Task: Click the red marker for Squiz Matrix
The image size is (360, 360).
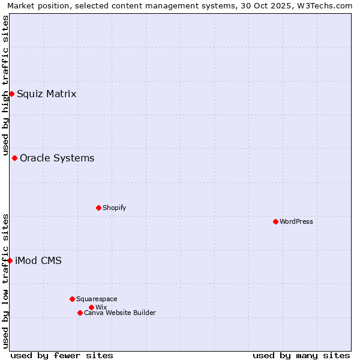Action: (x=11, y=94)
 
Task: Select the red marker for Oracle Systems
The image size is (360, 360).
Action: (x=14, y=158)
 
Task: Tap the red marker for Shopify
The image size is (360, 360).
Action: (x=98, y=208)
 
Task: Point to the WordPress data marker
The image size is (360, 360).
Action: (x=275, y=221)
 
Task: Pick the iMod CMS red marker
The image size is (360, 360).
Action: (x=10, y=260)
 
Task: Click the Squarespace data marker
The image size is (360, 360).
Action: (x=72, y=299)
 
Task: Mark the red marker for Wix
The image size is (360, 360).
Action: (x=91, y=307)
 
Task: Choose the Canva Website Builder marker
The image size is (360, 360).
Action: (x=80, y=313)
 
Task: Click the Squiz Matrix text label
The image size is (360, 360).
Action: (x=47, y=94)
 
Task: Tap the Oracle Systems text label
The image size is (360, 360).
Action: (x=57, y=158)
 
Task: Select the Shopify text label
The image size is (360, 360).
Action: (x=114, y=208)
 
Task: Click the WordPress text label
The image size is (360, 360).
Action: (x=296, y=221)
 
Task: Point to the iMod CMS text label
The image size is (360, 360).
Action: (x=38, y=260)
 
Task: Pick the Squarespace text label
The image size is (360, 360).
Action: (x=97, y=299)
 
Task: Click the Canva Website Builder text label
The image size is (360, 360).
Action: (x=120, y=313)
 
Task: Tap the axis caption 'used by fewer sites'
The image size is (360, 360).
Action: (x=62, y=355)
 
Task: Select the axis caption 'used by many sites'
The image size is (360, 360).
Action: (x=301, y=355)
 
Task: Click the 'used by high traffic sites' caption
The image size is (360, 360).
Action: (x=5, y=85)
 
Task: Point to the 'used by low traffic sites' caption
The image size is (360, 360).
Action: (x=5, y=281)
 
